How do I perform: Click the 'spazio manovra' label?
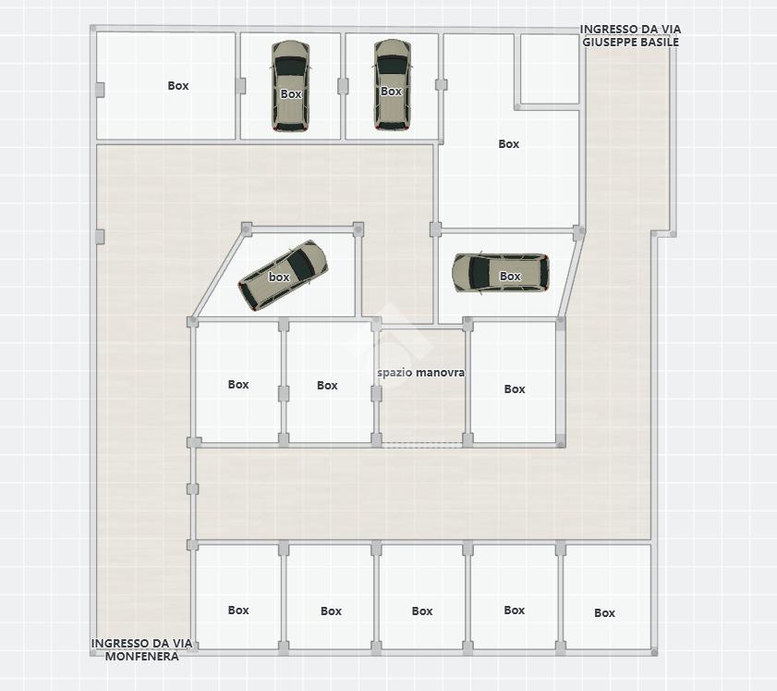(x=420, y=373)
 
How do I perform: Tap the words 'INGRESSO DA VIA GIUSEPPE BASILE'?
(x=630, y=36)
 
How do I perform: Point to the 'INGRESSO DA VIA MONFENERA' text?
(x=141, y=649)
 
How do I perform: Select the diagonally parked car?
(x=283, y=276)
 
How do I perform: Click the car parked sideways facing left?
(x=501, y=273)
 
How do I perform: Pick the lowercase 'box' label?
(x=279, y=277)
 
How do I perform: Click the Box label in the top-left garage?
(x=178, y=86)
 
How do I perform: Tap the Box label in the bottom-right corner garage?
(x=604, y=613)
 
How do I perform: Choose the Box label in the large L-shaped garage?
(x=509, y=144)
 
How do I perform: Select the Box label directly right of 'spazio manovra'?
(x=515, y=389)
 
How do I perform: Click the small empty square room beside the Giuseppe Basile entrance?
(x=550, y=69)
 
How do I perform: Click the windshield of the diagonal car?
(x=302, y=262)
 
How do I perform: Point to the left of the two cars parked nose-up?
(x=290, y=86)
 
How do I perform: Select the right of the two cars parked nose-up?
(x=393, y=85)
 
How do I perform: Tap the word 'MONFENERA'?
(x=141, y=656)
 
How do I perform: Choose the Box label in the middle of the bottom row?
(x=422, y=611)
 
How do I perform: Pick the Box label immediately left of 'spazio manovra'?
(x=327, y=386)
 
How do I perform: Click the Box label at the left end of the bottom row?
(x=238, y=611)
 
